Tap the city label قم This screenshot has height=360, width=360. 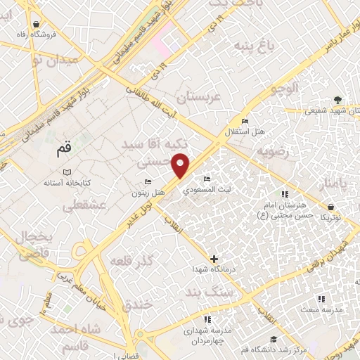[x=63, y=150]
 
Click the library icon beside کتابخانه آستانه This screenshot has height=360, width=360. [x=67, y=172]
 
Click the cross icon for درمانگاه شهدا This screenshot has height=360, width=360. [x=214, y=259]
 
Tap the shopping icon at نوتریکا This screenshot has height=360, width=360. [x=330, y=207]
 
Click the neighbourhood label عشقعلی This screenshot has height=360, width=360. [x=84, y=206]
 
